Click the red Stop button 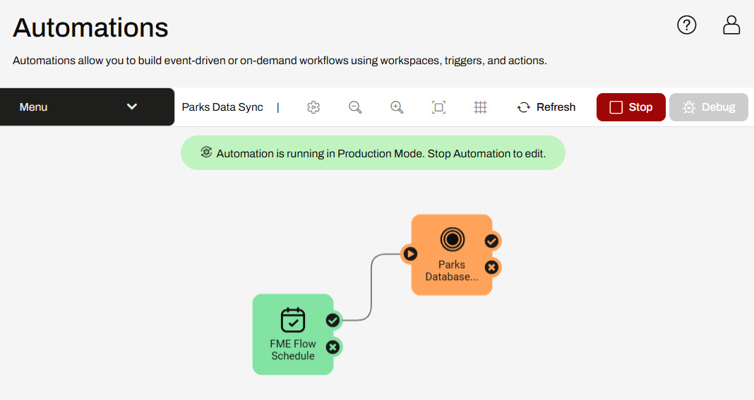coord(630,107)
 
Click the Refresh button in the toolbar coord(546,107)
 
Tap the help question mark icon coord(686,25)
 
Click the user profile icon coord(731,25)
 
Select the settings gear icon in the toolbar coord(313,107)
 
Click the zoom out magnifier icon coord(355,107)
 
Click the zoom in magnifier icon coord(397,107)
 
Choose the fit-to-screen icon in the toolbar coord(438,107)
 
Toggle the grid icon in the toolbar coord(480,107)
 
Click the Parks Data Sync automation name coord(222,107)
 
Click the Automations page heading coord(90,28)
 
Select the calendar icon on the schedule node coord(293,320)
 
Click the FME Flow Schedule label coord(293,350)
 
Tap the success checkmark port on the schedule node coord(333,320)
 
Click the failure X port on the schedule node coord(333,346)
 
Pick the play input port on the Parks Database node coord(409,253)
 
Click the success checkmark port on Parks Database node coord(491,241)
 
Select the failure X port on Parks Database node coord(491,267)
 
